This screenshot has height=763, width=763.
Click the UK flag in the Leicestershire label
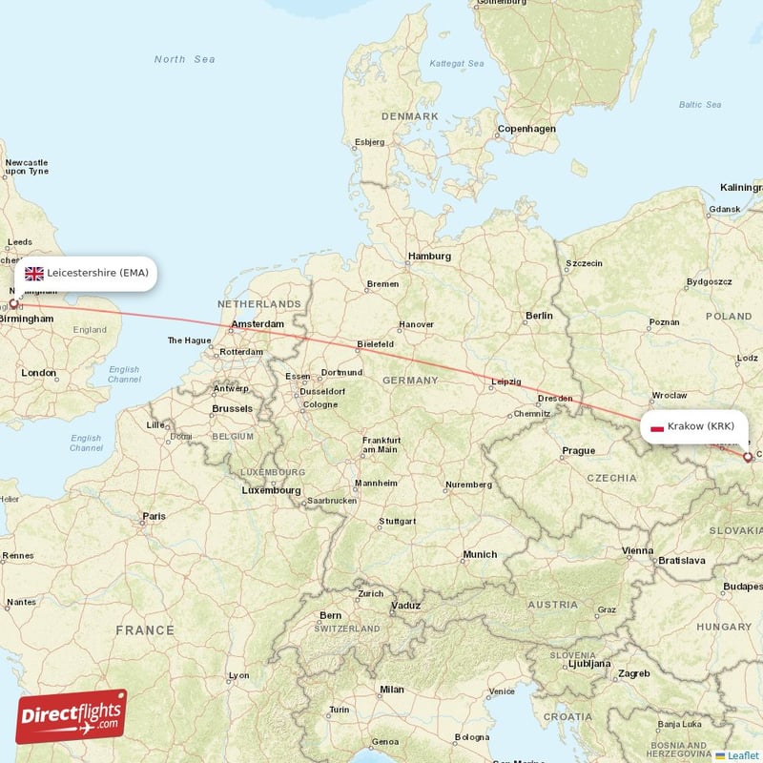click(34, 273)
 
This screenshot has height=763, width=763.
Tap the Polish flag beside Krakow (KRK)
click(656, 426)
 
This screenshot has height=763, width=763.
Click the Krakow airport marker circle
click(748, 457)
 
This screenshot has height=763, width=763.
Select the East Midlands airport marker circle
click(13, 302)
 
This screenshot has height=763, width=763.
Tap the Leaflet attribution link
click(742, 755)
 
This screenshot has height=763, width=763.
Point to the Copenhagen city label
click(526, 129)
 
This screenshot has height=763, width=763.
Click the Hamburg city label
click(429, 256)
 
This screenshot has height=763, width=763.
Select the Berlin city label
click(539, 316)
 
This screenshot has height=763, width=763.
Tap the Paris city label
click(153, 516)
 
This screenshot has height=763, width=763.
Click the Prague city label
click(578, 451)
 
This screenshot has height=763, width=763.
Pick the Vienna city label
click(636, 551)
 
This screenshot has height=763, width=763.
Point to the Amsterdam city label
click(257, 325)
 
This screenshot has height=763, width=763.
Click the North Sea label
click(185, 59)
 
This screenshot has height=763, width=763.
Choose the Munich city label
click(480, 554)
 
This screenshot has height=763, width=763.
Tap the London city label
click(39, 373)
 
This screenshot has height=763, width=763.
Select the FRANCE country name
click(145, 630)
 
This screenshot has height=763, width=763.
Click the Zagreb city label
click(634, 673)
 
